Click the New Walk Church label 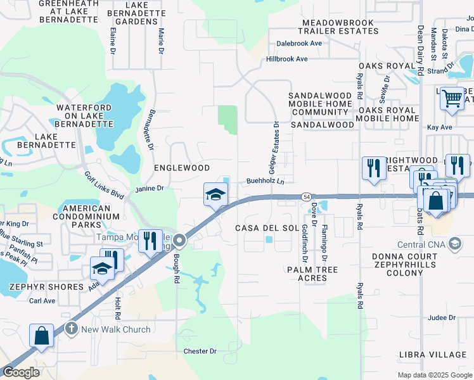[x=116, y=329]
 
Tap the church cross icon [x=71, y=329]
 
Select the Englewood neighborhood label [x=182, y=168]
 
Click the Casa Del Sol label [x=267, y=227]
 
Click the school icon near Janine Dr [x=215, y=194]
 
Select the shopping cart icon [x=452, y=99]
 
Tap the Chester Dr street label [x=200, y=351]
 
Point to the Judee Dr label [x=442, y=318]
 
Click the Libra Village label [x=433, y=353]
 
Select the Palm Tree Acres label [x=321, y=274]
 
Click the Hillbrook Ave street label [x=287, y=59]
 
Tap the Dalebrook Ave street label [x=299, y=44]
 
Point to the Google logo [x=21, y=372]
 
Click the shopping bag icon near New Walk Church [x=41, y=336]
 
